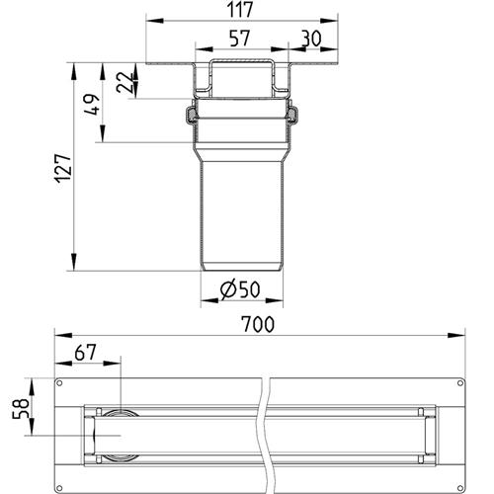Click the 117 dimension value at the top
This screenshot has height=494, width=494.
pyautogui.click(x=241, y=10)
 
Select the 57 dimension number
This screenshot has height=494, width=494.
pyautogui.click(x=240, y=39)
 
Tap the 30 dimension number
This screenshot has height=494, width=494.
pyautogui.click(x=311, y=39)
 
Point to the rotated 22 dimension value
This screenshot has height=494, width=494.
pyautogui.click(x=125, y=82)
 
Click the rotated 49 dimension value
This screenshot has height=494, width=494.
pyautogui.click(x=92, y=105)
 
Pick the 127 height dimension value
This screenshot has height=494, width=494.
pyautogui.click(x=63, y=168)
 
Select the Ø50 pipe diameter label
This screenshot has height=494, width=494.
pyautogui.click(x=240, y=289)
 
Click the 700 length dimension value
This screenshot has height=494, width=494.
pyautogui.click(x=258, y=324)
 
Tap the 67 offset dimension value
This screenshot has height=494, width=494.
pyautogui.click(x=85, y=353)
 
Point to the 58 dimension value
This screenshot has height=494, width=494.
pyautogui.click(x=21, y=408)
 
